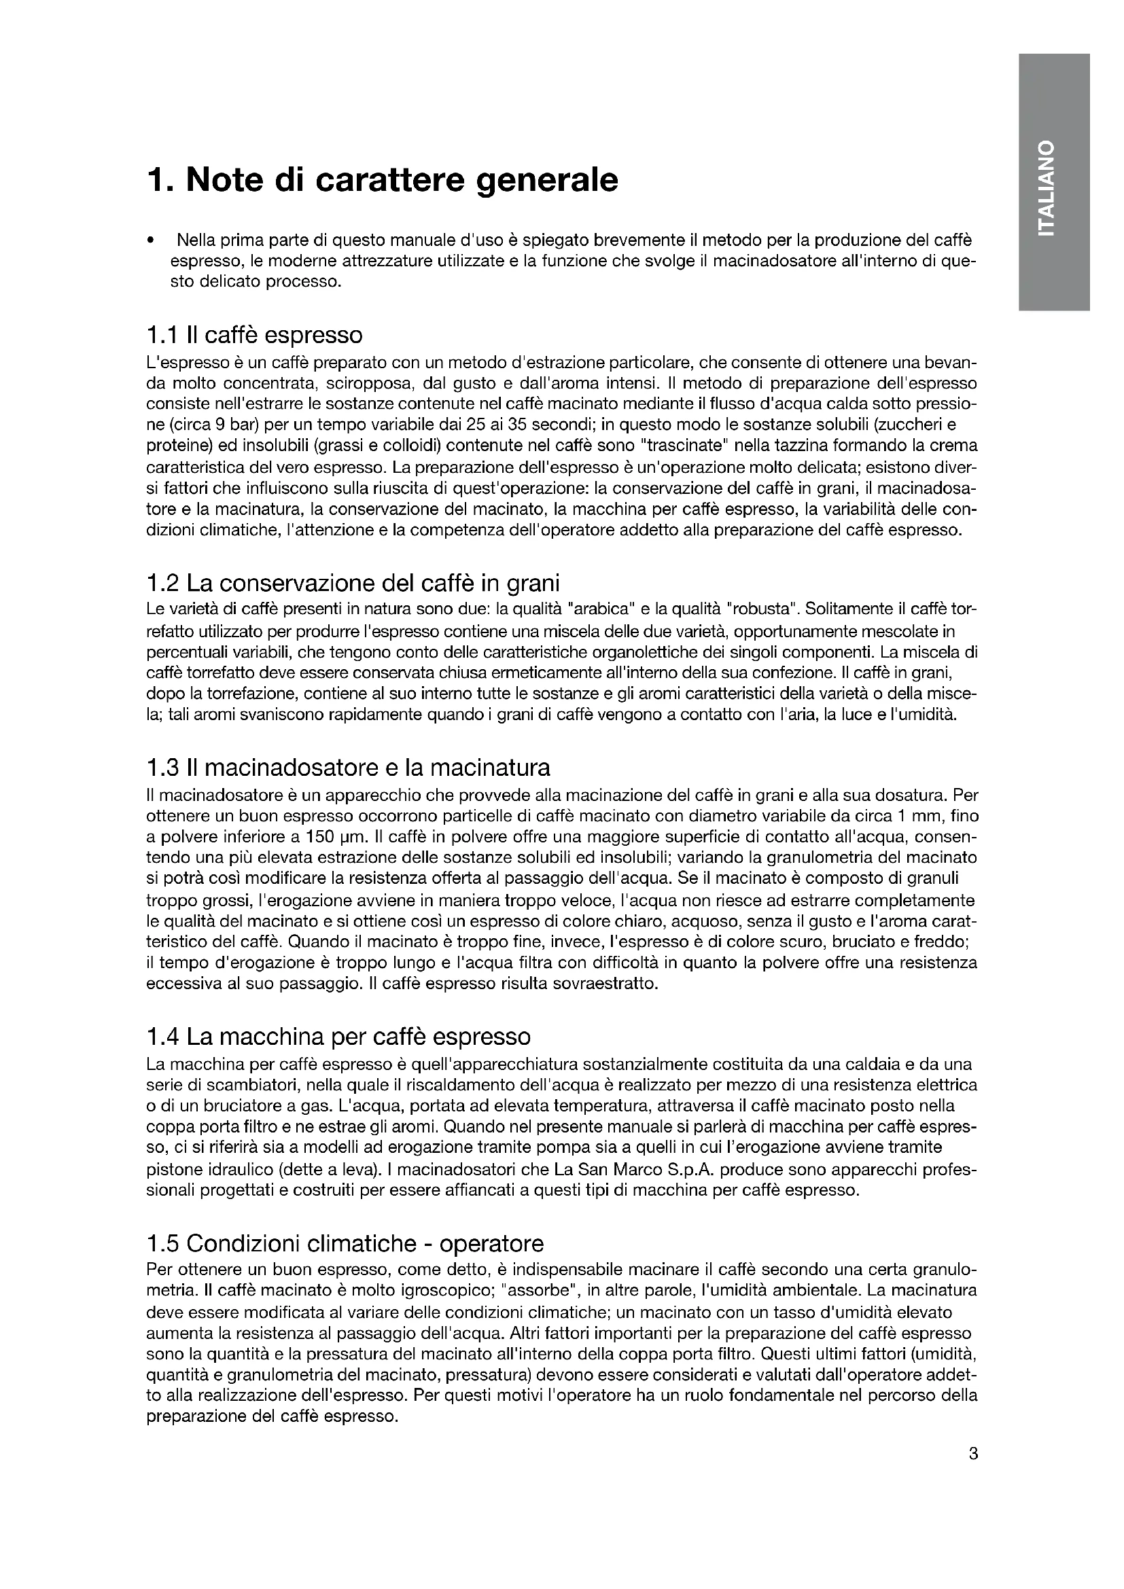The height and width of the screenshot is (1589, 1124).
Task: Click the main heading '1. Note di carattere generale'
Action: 382,181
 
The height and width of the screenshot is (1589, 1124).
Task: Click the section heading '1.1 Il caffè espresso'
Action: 254,335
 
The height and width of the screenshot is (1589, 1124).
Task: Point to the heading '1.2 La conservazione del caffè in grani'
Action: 353,584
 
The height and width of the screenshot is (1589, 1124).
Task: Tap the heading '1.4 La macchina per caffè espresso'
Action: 338,1037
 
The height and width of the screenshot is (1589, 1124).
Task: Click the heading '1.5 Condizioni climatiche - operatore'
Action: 345,1244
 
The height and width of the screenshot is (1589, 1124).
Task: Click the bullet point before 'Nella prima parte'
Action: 150,242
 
